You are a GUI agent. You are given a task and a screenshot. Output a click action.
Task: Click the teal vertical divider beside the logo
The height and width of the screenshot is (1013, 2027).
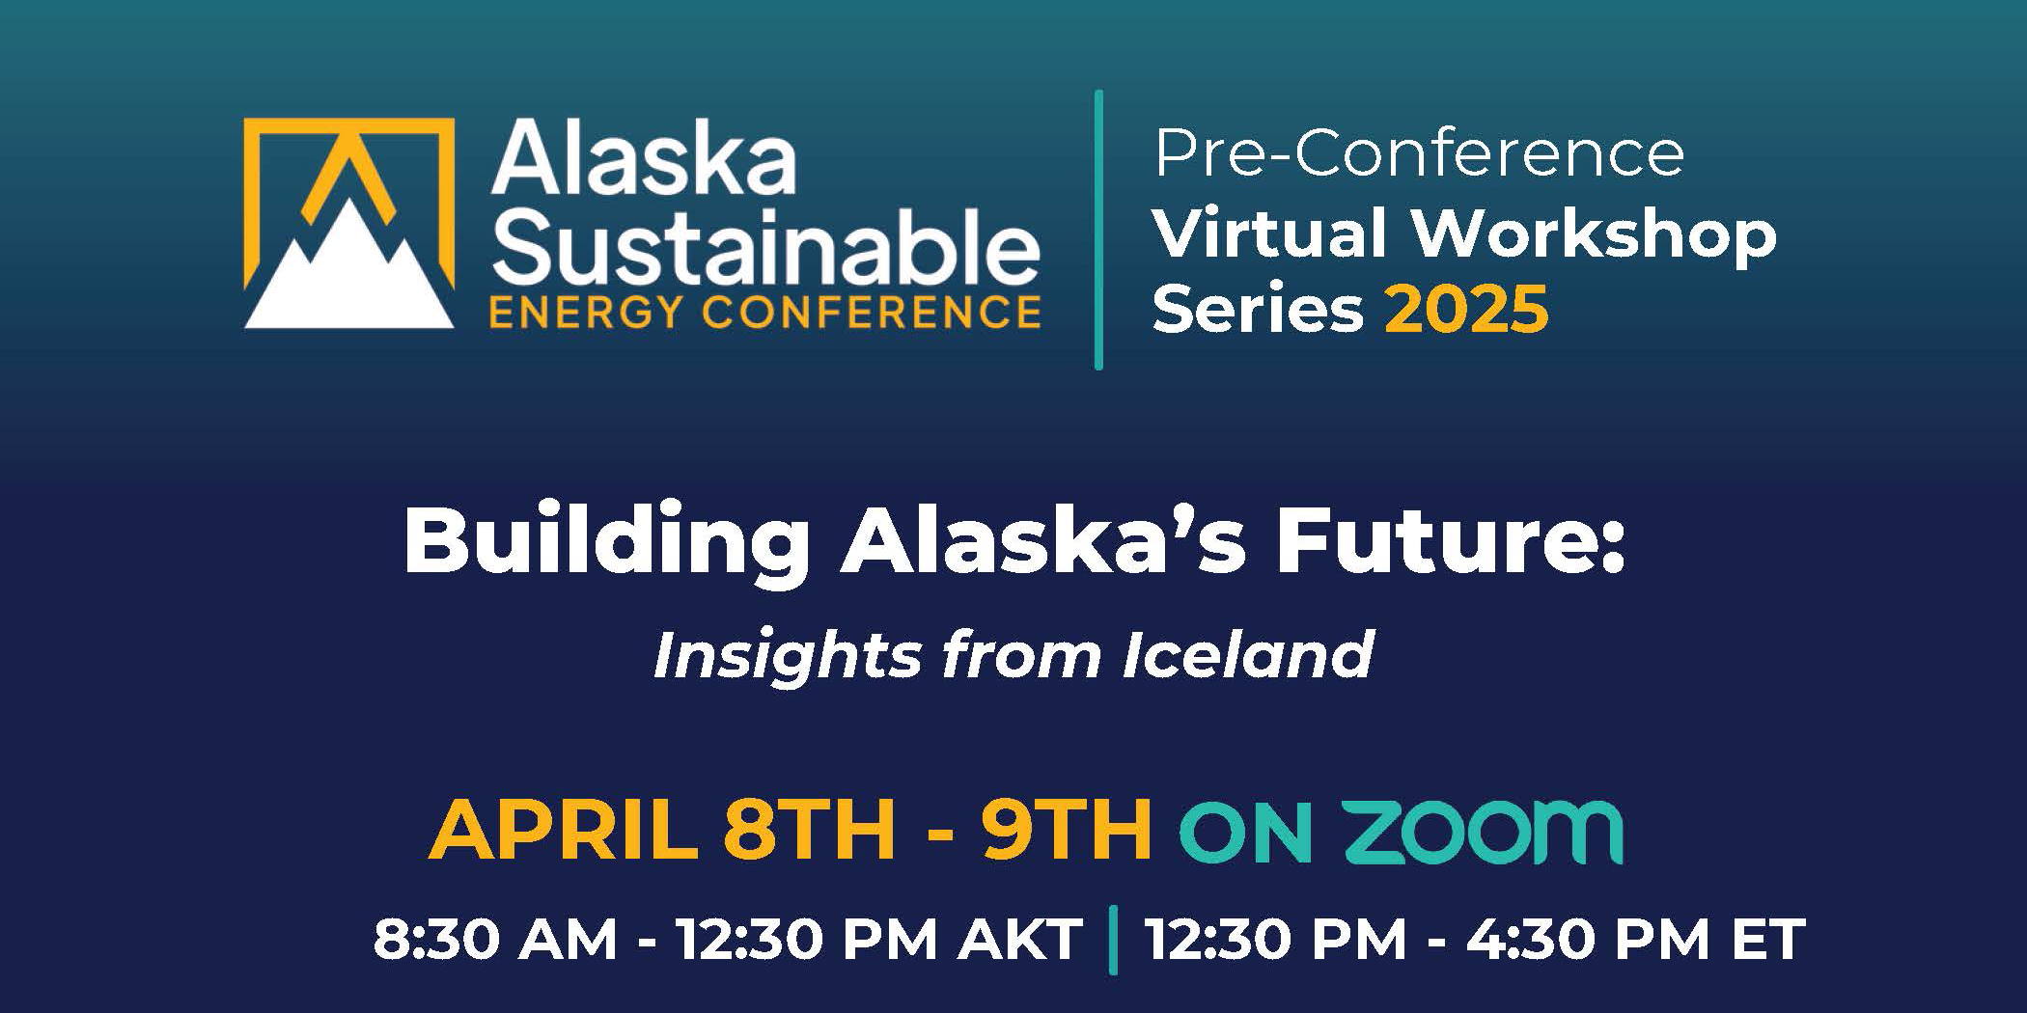(x=1098, y=230)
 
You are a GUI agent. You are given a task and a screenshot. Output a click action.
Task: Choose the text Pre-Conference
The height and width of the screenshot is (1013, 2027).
(x=1419, y=151)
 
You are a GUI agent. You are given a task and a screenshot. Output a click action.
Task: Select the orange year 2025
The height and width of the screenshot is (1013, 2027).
(x=1466, y=310)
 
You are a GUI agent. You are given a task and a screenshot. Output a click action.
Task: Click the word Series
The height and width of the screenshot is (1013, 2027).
(x=1259, y=310)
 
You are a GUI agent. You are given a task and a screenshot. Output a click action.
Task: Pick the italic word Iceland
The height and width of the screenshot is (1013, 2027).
(x=1248, y=655)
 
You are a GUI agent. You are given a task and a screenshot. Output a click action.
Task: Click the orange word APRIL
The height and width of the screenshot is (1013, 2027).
(x=563, y=830)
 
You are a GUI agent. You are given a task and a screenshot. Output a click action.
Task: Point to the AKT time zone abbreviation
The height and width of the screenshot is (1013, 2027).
(x=1020, y=940)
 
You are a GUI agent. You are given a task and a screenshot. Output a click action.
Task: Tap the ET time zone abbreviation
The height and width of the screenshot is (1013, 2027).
(x=1768, y=940)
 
